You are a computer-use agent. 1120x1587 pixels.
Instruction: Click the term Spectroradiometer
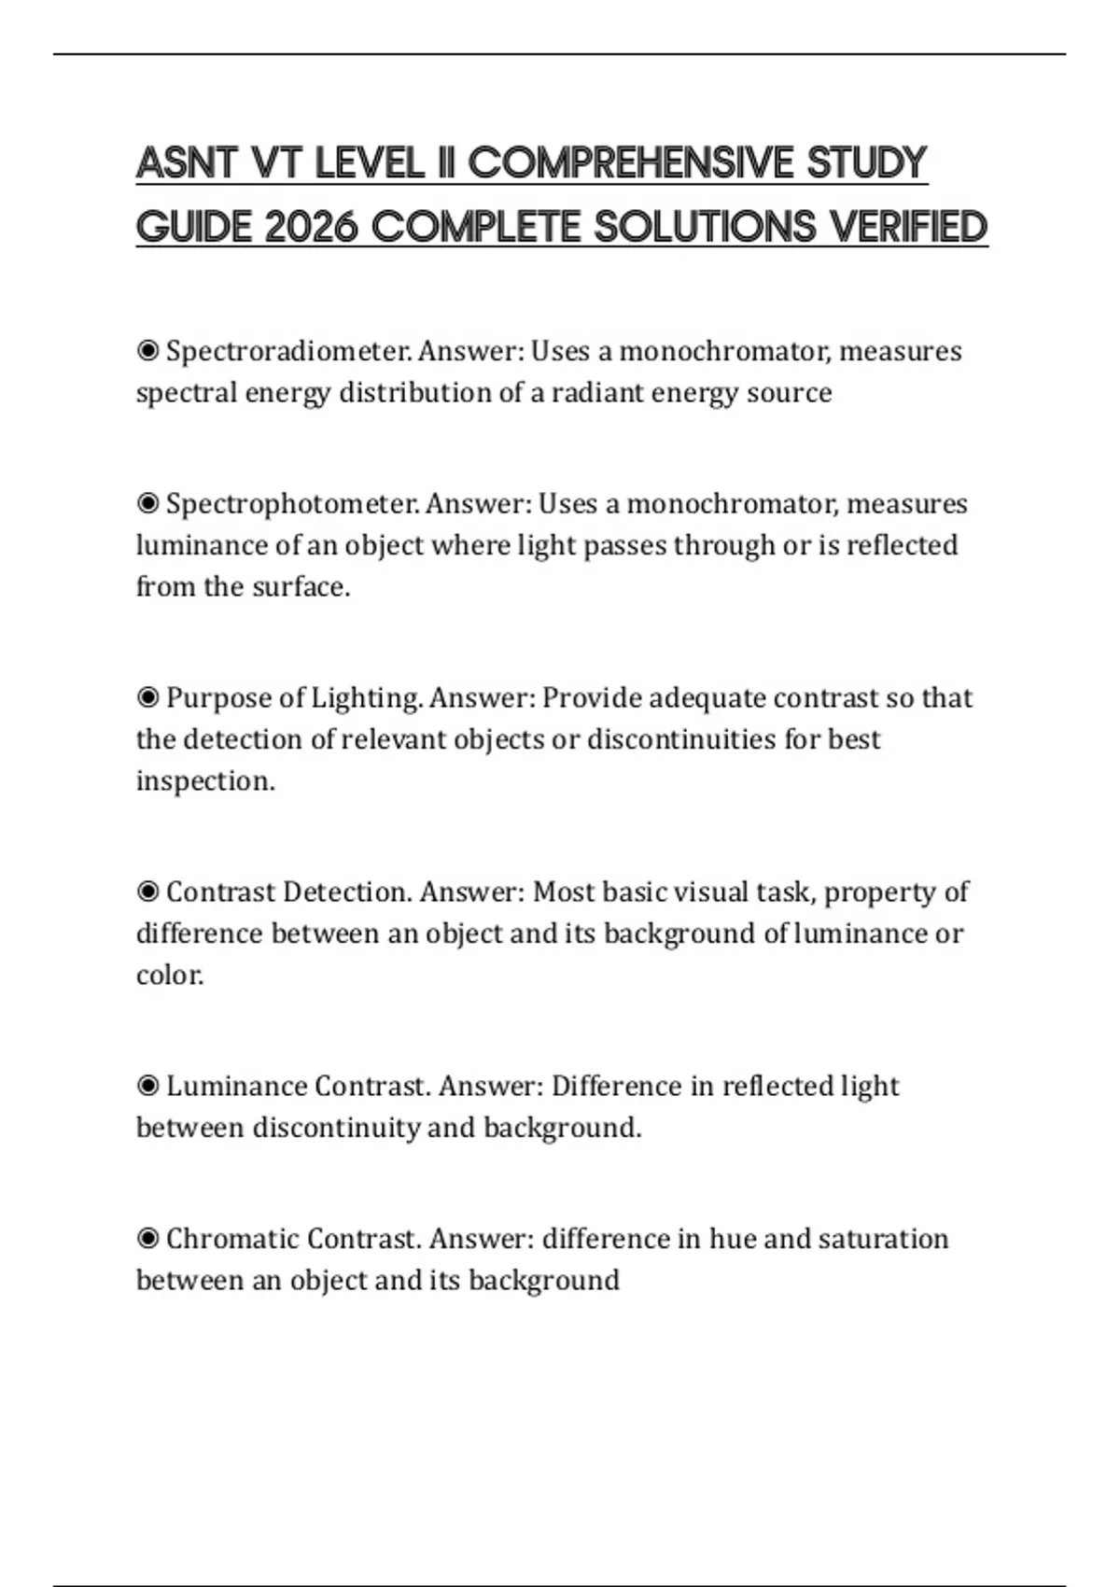[288, 352]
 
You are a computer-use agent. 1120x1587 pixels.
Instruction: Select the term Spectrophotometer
[292, 504]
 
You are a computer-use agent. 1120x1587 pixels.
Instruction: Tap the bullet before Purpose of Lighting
[147, 698]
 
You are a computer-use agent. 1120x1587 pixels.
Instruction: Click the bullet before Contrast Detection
[147, 892]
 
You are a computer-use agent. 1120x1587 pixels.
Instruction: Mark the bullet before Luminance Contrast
[147, 1087]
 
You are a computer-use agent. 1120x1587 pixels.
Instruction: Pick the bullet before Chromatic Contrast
[147, 1239]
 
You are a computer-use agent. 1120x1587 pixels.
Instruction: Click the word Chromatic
[232, 1239]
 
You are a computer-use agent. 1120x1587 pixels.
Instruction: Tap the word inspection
[205, 781]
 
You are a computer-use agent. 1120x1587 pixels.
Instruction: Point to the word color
[169, 976]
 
